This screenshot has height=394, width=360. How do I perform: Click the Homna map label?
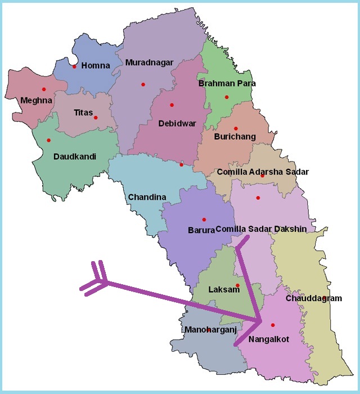click(96, 66)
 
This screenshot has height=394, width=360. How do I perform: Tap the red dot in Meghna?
click(43, 89)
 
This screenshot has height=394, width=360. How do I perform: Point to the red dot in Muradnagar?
click(143, 84)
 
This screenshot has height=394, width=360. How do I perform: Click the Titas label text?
click(83, 113)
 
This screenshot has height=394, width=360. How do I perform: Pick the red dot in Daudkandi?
click(48, 140)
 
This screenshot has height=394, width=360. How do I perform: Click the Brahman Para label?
click(227, 83)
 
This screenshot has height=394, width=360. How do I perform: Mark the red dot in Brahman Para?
click(227, 97)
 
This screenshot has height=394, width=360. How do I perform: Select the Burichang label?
click(235, 136)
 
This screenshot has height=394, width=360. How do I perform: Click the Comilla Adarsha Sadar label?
click(263, 172)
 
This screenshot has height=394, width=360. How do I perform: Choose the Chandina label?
click(147, 197)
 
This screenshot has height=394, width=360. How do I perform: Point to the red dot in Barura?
click(204, 220)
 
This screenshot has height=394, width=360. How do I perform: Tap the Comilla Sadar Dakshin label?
click(261, 229)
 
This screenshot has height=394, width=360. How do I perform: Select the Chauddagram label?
click(313, 298)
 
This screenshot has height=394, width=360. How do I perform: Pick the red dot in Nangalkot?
click(273, 325)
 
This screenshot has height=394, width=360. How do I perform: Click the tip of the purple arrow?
click(262, 321)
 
